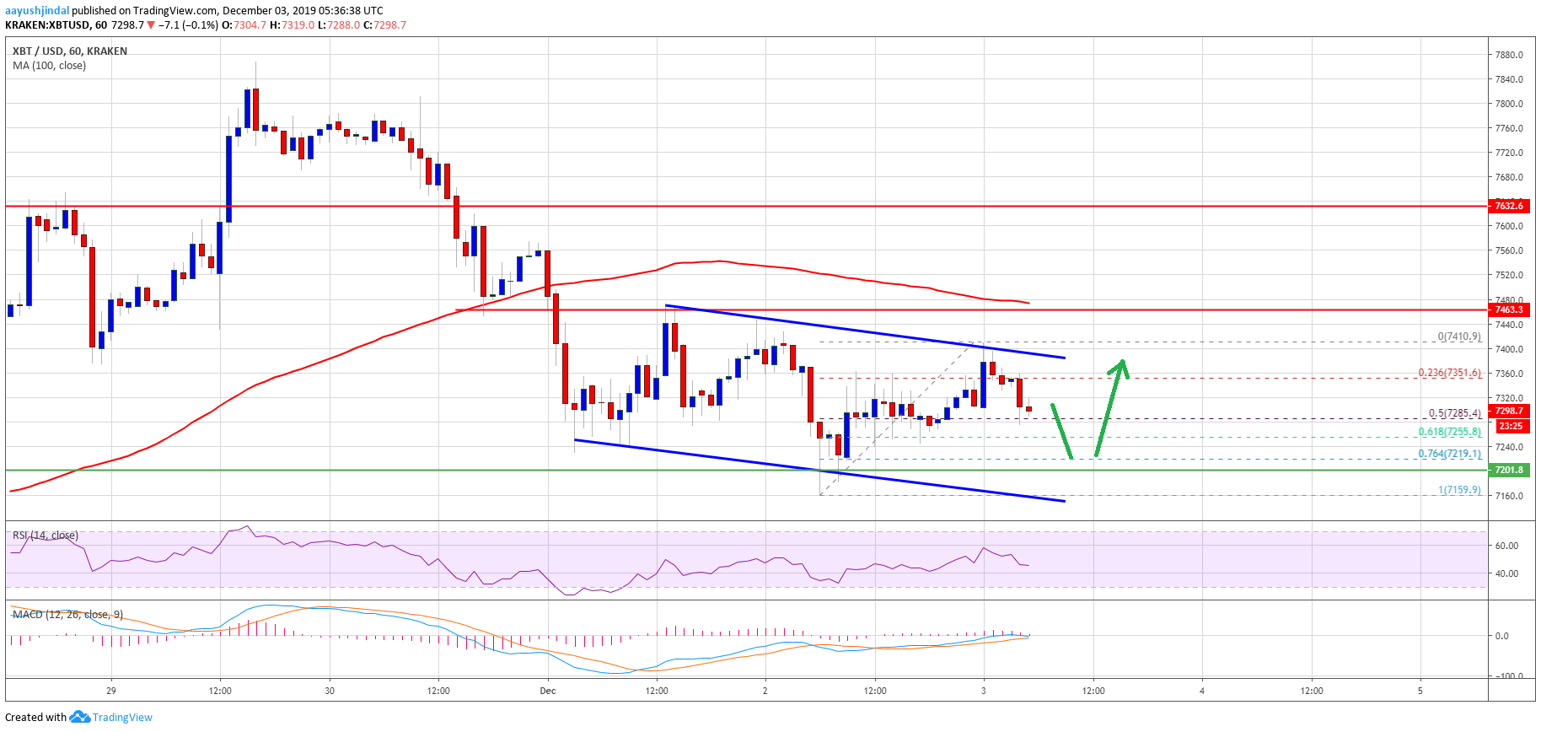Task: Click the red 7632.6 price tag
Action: pos(1508,206)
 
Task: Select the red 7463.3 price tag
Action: pos(1508,309)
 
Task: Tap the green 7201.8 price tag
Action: pos(1508,470)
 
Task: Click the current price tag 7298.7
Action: pos(1508,412)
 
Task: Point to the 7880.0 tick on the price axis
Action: pos(1508,55)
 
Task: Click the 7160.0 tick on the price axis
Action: pos(1508,496)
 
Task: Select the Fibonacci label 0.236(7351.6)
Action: pos(1449,373)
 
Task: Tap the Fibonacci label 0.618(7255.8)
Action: pos(1449,432)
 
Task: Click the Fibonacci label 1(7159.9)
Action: pos(1458,490)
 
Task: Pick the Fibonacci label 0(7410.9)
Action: pos(1458,336)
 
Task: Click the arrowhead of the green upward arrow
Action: pos(1122,364)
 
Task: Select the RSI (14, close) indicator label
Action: pos(46,536)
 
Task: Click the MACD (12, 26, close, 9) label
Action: pos(67,615)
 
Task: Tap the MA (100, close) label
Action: pos(49,66)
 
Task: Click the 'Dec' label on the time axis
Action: pos(548,691)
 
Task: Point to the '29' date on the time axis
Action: pos(111,691)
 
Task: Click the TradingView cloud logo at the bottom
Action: pos(79,717)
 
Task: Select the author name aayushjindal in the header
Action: pos(37,11)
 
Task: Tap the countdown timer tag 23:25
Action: pos(1508,426)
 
